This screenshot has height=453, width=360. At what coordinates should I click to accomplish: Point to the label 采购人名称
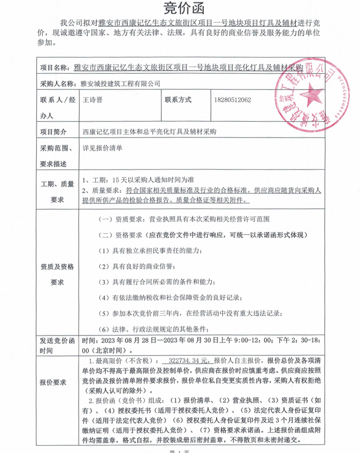click(x=57, y=83)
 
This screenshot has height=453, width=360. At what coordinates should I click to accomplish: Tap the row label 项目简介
click(x=54, y=132)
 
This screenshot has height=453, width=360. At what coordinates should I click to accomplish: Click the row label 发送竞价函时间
click(x=54, y=346)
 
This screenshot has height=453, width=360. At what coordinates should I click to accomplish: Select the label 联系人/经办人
click(x=57, y=107)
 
